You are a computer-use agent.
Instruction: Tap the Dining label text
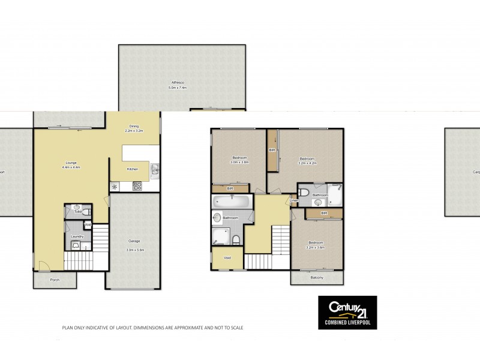pos(134,126)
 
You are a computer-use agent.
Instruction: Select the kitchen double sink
pos(154,171)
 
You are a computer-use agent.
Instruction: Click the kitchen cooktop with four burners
pos(137,186)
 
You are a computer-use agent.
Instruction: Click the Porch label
pos(55,279)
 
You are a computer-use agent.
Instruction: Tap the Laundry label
pos(76,236)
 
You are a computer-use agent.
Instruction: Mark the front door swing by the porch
pos(40,265)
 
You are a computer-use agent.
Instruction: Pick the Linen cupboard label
pos(294,200)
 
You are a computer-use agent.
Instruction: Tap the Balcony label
pos(317,277)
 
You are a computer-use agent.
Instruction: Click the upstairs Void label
pos(227,259)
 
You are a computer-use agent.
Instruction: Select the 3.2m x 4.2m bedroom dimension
pos(307,163)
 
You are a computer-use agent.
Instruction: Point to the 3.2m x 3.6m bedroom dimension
pos(315,247)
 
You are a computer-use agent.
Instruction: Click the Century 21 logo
pos(347,309)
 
